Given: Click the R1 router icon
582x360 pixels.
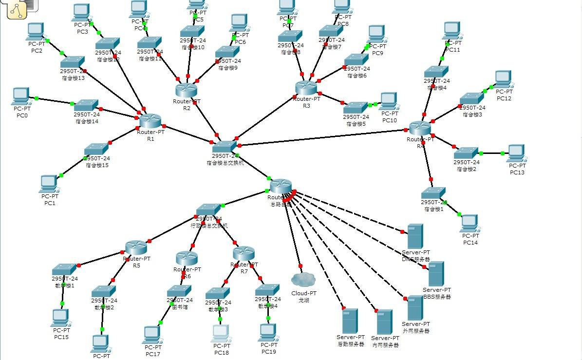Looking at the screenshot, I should pyautogui.click(x=150, y=121).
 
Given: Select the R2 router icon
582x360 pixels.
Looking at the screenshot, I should pyautogui.click(x=186, y=90).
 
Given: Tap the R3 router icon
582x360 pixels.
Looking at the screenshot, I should pyautogui.click(x=306, y=88).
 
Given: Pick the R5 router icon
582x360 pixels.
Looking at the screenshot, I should pyautogui.click(x=136, y=247).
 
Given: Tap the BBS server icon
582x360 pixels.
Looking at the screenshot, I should pyautogui.click(x=436, y=274).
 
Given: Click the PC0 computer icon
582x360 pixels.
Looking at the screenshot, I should pyautogui.click(x=21, y=96).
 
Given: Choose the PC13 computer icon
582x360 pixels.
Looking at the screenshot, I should pyautogui.click(x=515, y=153).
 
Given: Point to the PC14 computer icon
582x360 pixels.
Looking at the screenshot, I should pyautogui.click(x=469, y=223).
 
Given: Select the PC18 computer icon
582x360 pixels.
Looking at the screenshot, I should pyautogui.click(x=221, y=333).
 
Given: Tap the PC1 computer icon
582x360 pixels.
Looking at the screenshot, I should pyautogui.click(x=48, y=183).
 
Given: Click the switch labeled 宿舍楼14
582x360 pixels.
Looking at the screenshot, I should pyautogui.click(x=86, y=105).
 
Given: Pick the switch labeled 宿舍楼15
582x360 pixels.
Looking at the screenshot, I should pyautogui.click(x=96, y=149).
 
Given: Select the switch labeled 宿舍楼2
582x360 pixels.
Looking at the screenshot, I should pyautogui.click(x=466, y=153).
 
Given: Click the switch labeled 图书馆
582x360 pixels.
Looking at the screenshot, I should pyautogui.click(x=179, y=291).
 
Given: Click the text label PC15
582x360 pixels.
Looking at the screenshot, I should pyautogui.click(x=61, y=337).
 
